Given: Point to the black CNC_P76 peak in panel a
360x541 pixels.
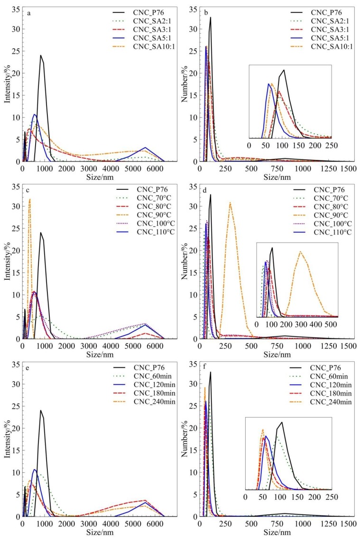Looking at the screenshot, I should coord(41,56).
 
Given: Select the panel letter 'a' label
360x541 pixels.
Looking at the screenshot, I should coord(29,13).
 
